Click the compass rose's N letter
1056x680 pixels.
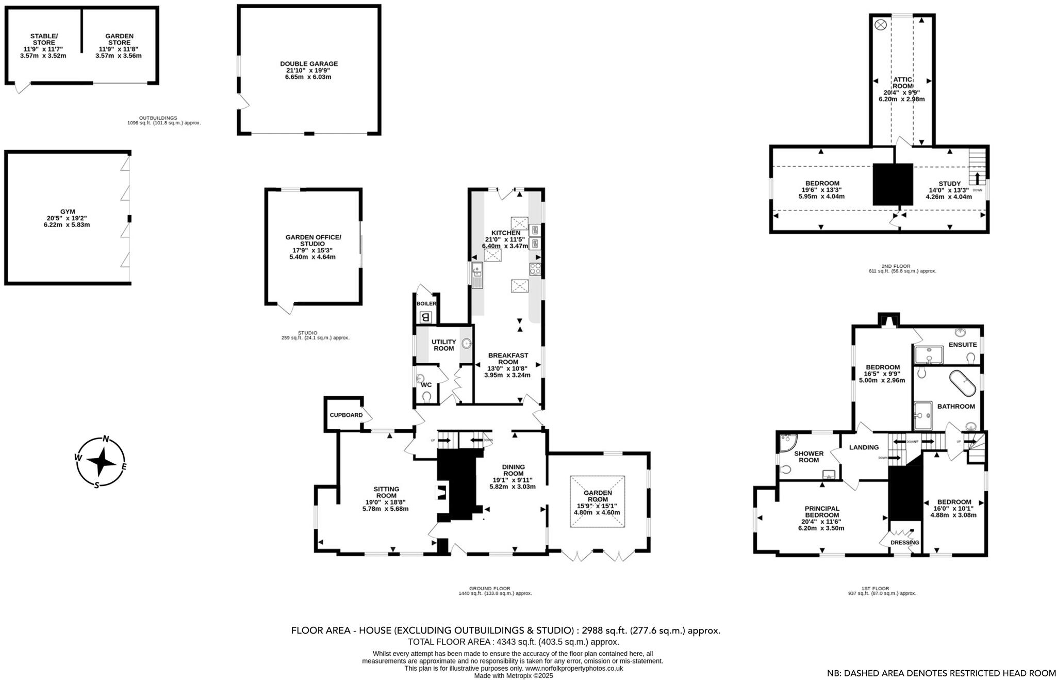[106, 439]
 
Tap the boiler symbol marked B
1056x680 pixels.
[425, 317]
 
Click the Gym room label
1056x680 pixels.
[68, 212]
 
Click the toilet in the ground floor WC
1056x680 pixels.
[426, 397]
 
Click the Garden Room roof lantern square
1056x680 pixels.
[597, 501]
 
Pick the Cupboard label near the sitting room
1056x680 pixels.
[346, 415]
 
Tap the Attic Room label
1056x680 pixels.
[902, 83]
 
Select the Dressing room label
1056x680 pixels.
[905, 542]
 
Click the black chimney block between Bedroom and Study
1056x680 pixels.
[893, 184]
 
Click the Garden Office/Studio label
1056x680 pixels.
[313, 240]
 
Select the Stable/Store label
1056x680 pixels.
[44, 39]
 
